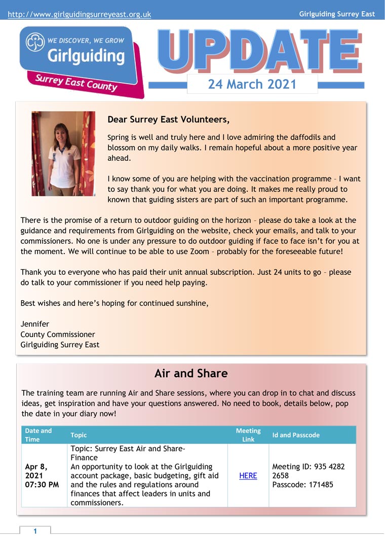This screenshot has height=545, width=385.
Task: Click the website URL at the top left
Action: pos(79,15)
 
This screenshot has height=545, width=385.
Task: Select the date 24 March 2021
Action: pos(252,84)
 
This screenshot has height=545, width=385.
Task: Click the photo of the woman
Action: pos(63,154)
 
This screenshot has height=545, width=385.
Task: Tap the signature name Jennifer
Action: pos(35,324)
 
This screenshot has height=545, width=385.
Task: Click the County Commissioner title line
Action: pos(57,335)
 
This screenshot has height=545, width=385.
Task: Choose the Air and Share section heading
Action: pos(191,374)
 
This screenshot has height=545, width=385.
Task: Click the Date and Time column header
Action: pos(38,435)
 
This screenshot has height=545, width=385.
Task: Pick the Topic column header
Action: pos(79,435)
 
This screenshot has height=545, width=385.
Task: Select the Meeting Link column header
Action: pos(248,435)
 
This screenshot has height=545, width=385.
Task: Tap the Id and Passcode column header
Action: pos(296,435)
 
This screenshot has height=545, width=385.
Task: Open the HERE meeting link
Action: pos(248,476)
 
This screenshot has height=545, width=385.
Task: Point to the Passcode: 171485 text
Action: pos(302,485)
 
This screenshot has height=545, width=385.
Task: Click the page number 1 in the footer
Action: pos(35,531)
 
